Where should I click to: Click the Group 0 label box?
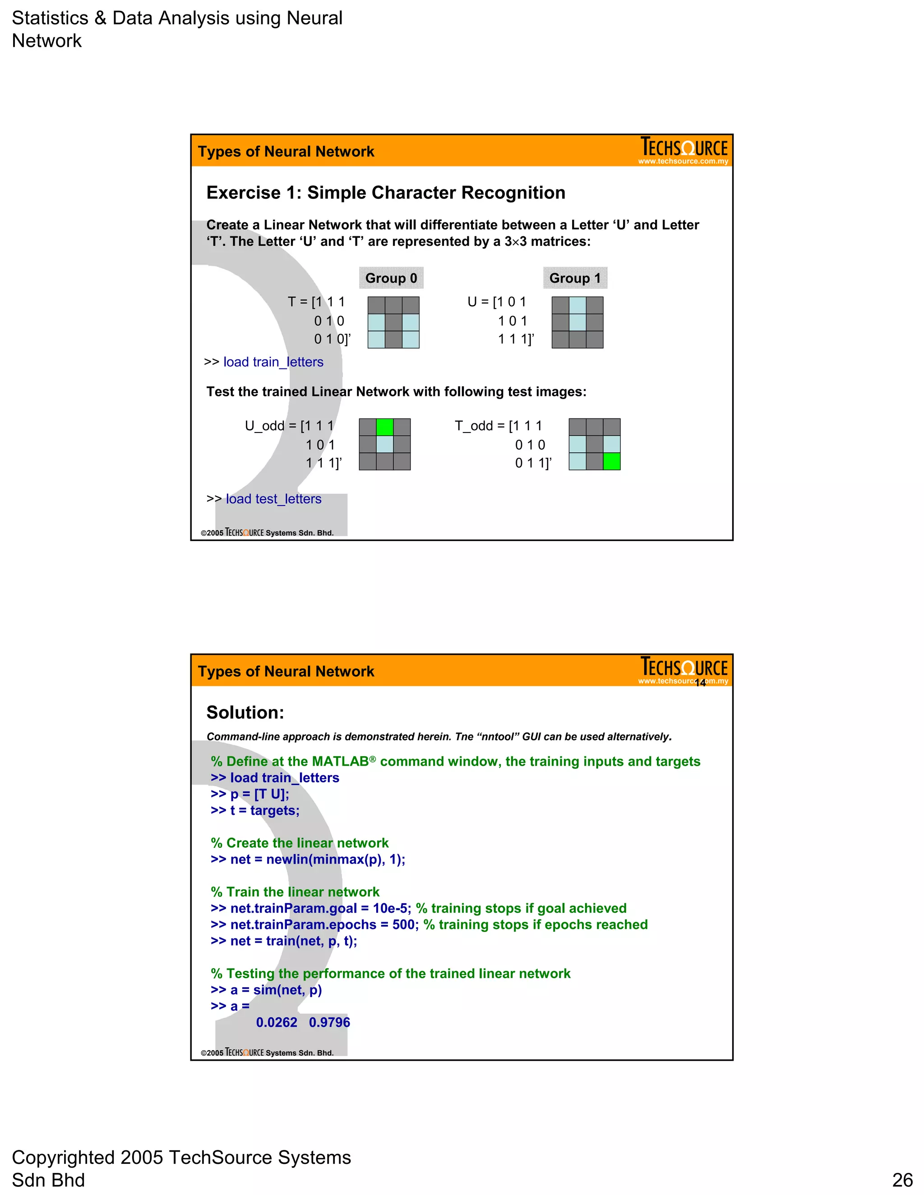(391, 278)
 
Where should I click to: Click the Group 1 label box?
(575, 278)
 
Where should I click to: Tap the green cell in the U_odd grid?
(385, 427)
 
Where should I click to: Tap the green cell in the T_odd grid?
(611, 461)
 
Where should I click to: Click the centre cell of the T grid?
(393, 322)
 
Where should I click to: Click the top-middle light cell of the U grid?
(577, 305)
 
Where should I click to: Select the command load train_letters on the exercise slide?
(273, 362)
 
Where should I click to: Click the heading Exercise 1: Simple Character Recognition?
(385, 193)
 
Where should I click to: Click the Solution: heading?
(245, 712)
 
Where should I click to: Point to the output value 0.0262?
(277, 1022)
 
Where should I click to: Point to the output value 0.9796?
(329, 1022)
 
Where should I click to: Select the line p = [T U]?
(259, 794)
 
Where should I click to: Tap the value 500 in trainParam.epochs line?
(403, 925)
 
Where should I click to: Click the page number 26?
(902, 1180)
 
